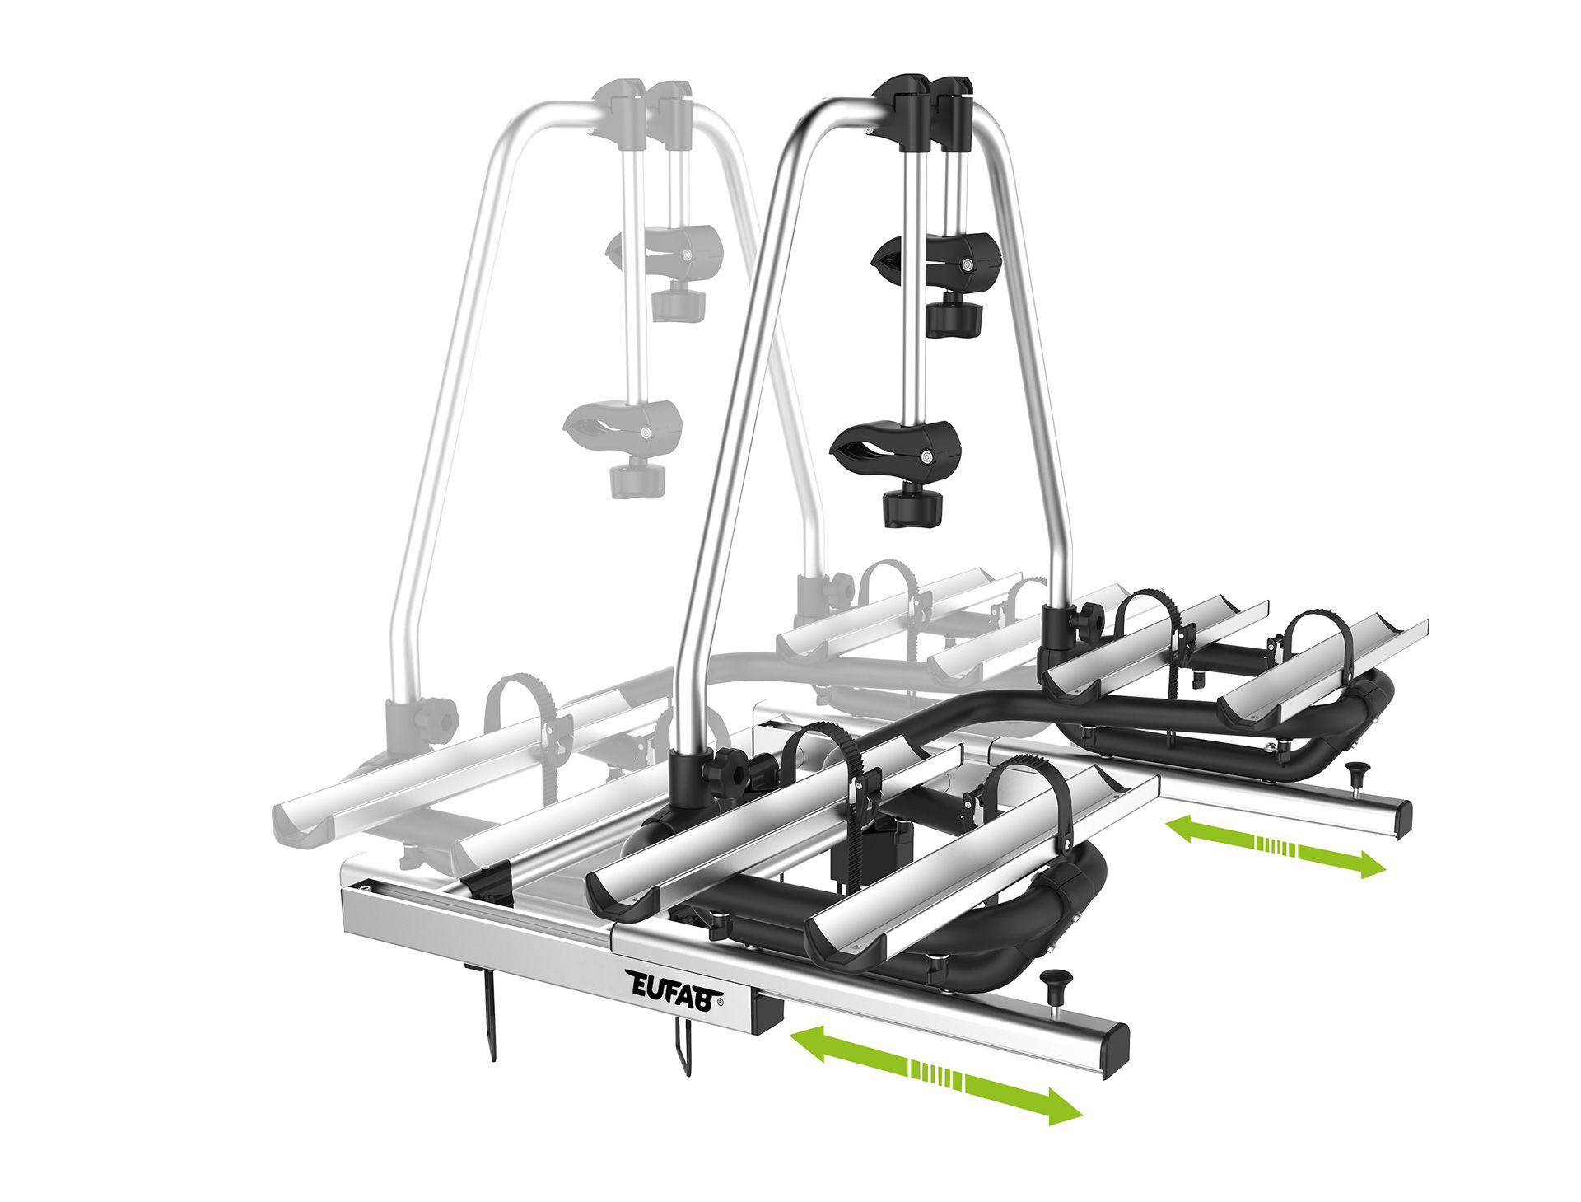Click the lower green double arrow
point(935,1075)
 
